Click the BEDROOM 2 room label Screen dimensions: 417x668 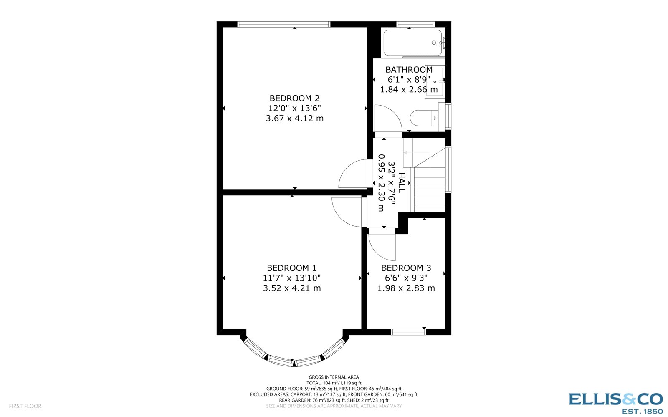(294, 99)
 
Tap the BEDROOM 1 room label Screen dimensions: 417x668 (292, 268)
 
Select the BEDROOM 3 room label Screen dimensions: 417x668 (406, 268)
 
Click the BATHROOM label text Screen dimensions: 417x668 (409, 70)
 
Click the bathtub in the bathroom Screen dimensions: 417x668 (412, 43)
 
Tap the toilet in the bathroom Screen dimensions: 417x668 (424, 118)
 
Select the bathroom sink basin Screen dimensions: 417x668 (435, 81)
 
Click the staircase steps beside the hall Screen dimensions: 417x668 (430, 188)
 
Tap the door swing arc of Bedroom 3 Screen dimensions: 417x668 (381, 248)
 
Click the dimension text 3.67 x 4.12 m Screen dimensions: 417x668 (294, 119)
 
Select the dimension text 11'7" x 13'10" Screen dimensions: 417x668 (292, 278)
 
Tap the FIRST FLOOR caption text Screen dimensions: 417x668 (25, 406)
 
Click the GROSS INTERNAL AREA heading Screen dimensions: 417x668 (334, 377)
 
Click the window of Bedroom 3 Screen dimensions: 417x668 (408, 332)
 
